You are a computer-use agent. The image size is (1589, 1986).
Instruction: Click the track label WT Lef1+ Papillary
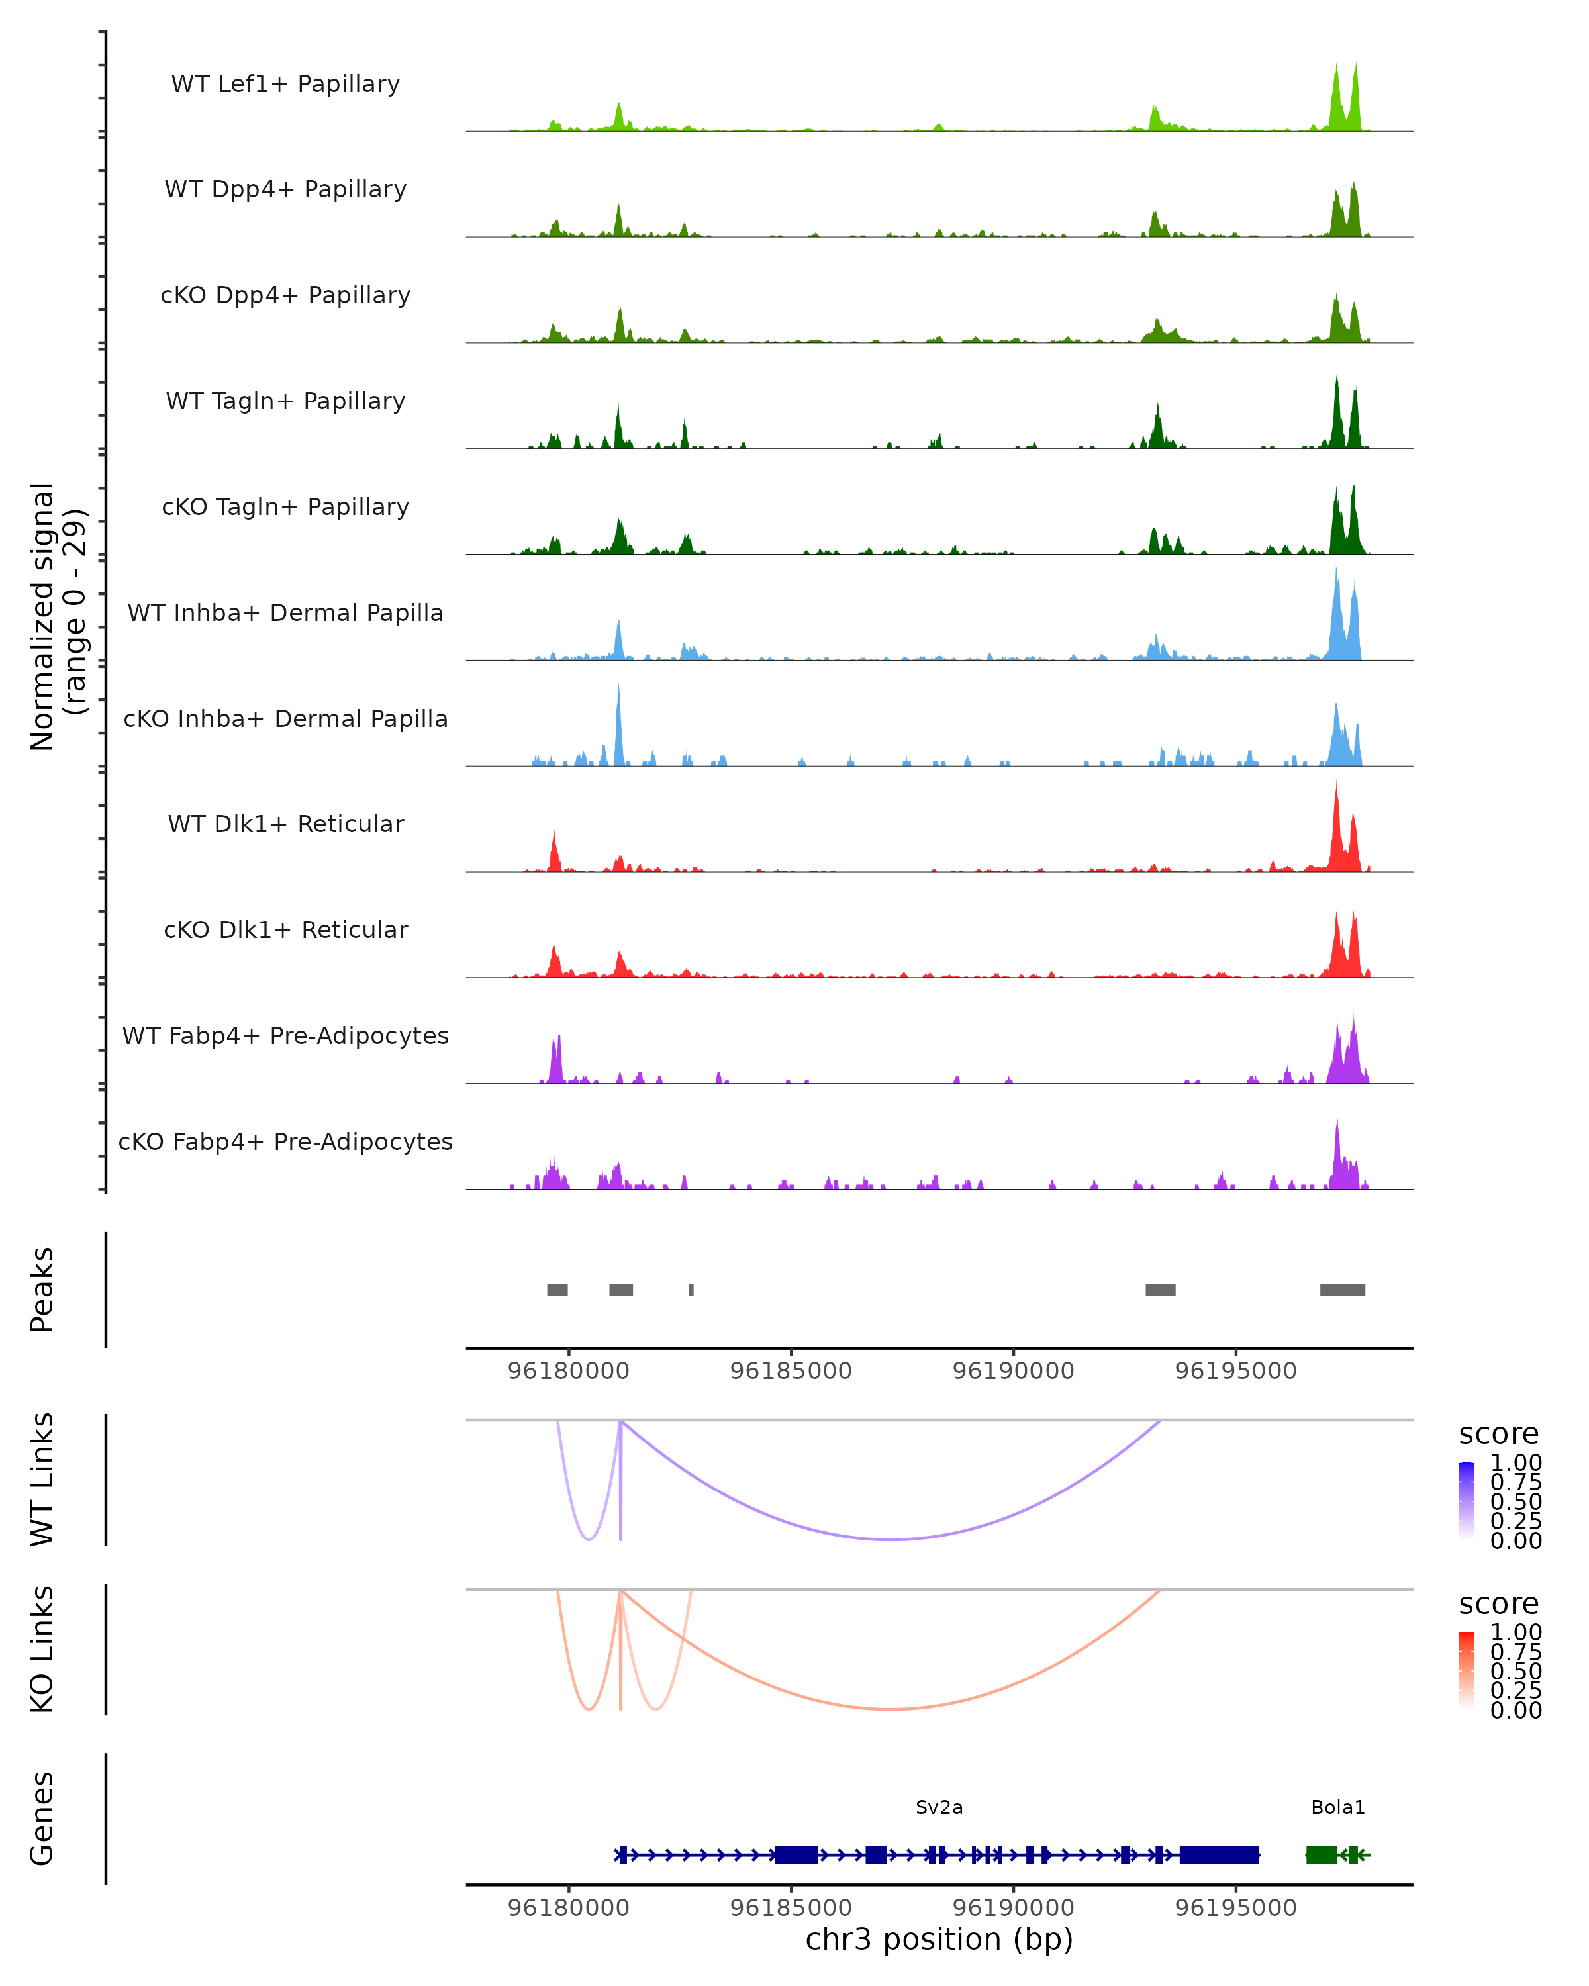pyautogui.click(x=285, y=84)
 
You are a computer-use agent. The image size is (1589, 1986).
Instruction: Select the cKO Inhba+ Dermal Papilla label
pyautogui.click(x=285, y=718)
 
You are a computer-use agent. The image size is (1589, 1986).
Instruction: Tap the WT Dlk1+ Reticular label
pyautogui.click(x=285, y=824)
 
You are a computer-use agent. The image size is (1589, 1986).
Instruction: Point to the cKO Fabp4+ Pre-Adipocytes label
pyautogui.click(x=285, y=1141)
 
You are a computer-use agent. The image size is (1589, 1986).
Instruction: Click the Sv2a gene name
pyautogui.click(x=939, y=1807)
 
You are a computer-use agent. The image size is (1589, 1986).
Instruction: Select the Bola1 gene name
pyautogui.click(x=1337, y=1807)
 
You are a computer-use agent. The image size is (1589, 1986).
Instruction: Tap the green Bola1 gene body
pyautogui.click(x=1322, y=1854)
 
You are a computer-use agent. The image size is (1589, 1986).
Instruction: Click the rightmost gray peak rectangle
pyautogui.click(x=1342, y=1290)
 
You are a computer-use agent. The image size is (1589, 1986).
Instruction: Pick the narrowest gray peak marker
pyautogui.click(x=691, y=1290)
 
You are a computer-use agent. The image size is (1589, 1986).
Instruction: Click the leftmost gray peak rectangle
pyautogui.click(x=557, y=1290)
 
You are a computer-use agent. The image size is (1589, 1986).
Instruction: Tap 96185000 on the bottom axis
pyautogui.click(x=791, y=1907)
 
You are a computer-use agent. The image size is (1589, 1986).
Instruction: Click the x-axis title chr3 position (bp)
pyautogui.click(x=939, y=1939)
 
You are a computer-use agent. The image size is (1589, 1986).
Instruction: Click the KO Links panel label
pyautogui.click(x=42, y=1649)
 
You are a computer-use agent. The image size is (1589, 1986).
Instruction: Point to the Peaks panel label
pyautogui.click(x=42, y=1290)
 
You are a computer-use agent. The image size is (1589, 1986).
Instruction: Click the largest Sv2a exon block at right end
pyautogui.click(x=1219, y=1854)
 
